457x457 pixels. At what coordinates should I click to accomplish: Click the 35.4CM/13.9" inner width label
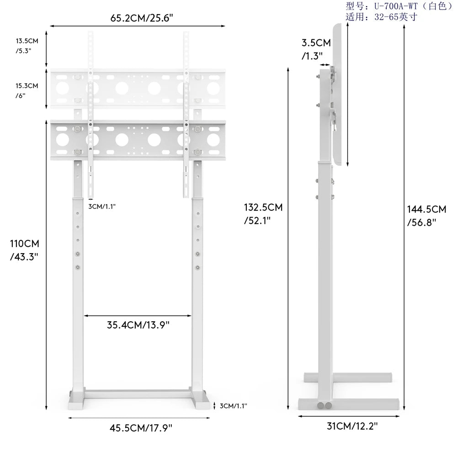(138, 325)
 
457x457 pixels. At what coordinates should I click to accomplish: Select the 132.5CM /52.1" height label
(263, 213)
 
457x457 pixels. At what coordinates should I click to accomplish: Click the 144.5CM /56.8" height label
(426, 215)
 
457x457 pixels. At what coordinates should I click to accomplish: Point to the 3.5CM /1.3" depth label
(316, 49)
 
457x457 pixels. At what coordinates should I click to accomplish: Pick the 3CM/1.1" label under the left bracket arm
(102, 206)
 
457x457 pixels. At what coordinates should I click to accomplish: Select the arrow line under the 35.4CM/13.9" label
(138, 315)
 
